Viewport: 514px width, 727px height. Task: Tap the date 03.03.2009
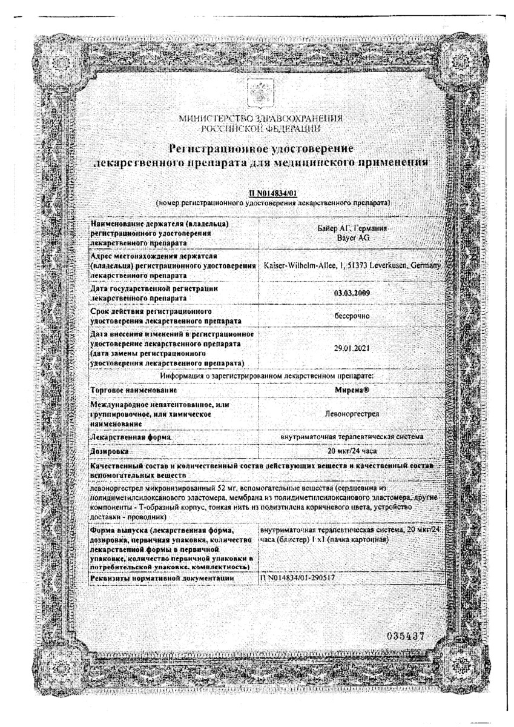tap(352, 293)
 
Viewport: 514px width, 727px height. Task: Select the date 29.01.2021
tap(352, 348)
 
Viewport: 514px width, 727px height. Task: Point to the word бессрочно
tap(352, 316)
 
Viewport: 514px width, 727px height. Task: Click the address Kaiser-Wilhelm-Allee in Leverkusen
tap(352, 265)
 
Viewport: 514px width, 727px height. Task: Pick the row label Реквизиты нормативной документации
tap(161, 579)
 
